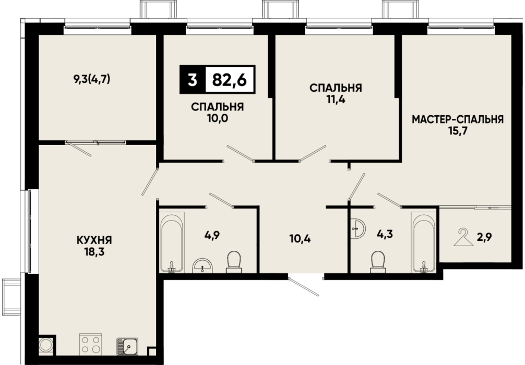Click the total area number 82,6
tap(229, 80)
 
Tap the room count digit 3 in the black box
tap(192, 80)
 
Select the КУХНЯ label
tap(95, 240)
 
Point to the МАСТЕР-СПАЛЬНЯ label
tap(458, 119)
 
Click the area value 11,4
tap(336, 100)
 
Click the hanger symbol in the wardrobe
tap(464, 237)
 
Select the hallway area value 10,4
tap(300, 239)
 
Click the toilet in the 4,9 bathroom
tap(234, 262)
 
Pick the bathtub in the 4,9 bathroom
tap(171, 242)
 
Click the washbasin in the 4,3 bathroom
tap(359, 229)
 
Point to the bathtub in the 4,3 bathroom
tap(423, 242)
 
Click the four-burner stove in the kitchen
tap(91, 344)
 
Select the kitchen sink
tap(127, 346)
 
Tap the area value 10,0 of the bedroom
tap(217, 118)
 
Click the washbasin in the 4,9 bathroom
tap(202, 266)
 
